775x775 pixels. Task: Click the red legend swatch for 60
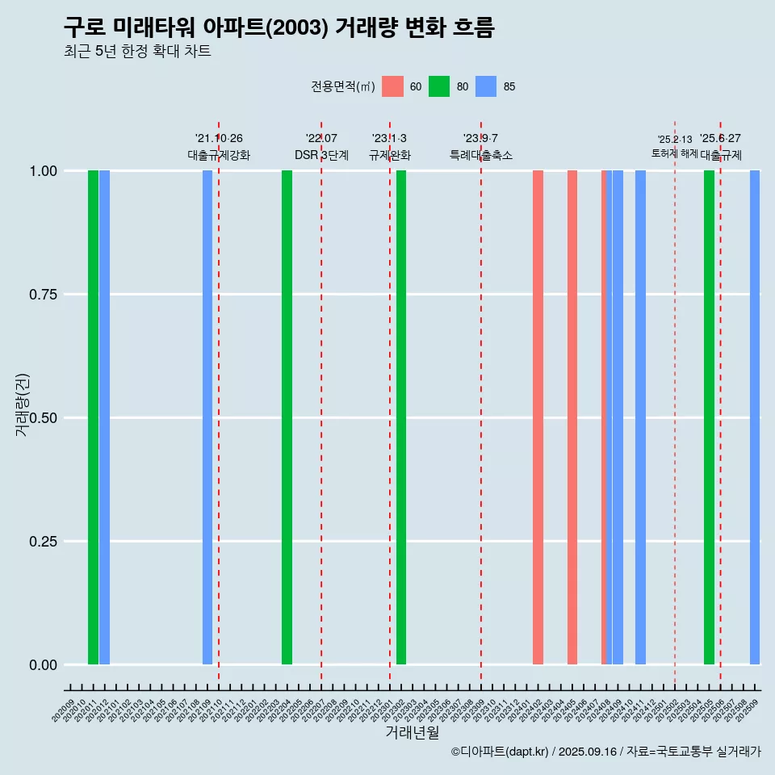click(392, 86)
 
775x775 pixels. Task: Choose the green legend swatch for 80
click(439, 86)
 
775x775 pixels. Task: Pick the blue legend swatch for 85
click(486, 86)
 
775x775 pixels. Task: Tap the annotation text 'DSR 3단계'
click(321, 155)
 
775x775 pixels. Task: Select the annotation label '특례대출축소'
click(481, 155)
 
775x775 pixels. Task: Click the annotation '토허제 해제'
click(674, 153)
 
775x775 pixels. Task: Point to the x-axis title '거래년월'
click(412, 732)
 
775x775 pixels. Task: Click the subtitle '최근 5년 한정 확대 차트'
click(137, 52)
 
